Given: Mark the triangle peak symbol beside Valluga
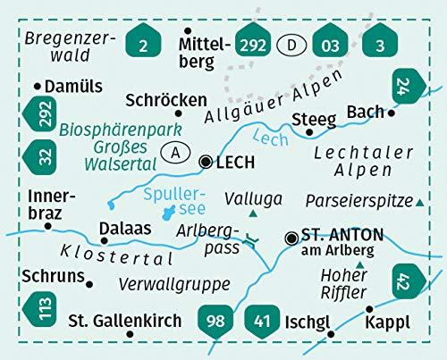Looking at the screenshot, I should (255, 215).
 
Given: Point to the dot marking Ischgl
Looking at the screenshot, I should (332, 335).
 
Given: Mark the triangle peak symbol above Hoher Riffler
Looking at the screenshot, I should (360, 265).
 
